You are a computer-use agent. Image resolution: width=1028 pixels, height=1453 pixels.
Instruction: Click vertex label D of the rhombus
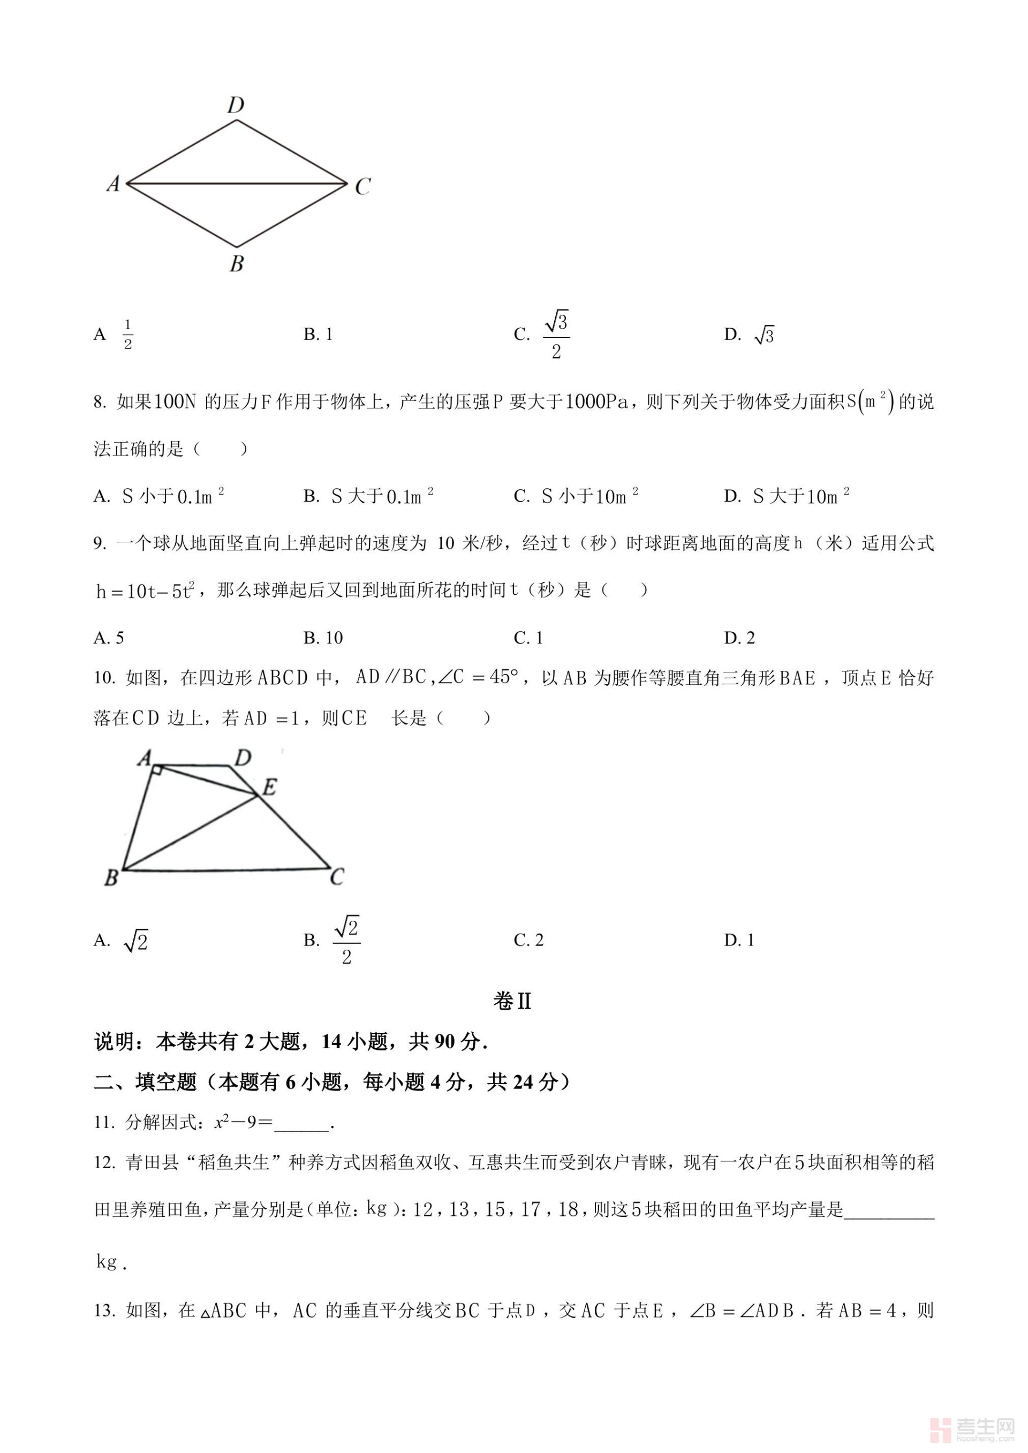pyautogui.click(x=236, y=105)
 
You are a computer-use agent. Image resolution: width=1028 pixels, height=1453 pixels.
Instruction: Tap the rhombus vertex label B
pyautogui.click(x=237, y=263)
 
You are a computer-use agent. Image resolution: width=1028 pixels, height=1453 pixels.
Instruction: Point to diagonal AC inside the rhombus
pyautogui.click(x=237, y=184)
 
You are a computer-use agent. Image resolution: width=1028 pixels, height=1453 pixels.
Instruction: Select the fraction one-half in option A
pyautogui.click(x=128, y=334)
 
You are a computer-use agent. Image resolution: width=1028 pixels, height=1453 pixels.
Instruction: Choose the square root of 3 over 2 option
pyautogui.click(x=555, y=334)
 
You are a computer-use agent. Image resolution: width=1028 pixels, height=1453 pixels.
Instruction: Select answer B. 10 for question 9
pyautogui.click(x=323, y=638)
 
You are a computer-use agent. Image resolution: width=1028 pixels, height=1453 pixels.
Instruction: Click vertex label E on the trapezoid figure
pyautogui.click(x=269, y=787)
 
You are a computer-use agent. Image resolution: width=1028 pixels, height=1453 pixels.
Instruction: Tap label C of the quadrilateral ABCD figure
pyautogui.click(x=337, y=876)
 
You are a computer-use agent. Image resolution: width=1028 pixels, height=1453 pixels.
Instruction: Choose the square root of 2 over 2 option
pyautogui.click(x=346, y=941)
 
